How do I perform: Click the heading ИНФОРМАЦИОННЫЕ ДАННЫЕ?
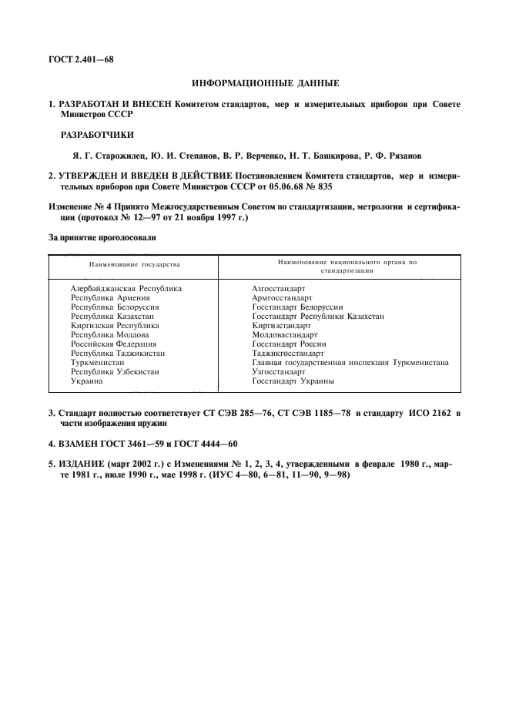[x=259, y=82]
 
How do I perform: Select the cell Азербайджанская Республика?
[x=126, y=288]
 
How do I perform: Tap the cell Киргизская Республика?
[x=115, y=325]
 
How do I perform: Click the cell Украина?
[x=87, y=381]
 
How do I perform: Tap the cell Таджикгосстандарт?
[x=288, y=353]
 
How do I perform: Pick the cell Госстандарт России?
[x=290, y=344]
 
